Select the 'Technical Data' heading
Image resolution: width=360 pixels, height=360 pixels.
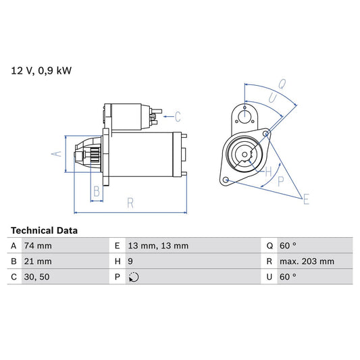(x=44, y=230)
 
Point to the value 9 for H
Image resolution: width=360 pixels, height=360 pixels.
(x=130, y=261)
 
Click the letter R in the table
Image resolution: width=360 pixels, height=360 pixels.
(x=269, y=261)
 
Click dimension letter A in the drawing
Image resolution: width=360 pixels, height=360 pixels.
(x=57, y=154)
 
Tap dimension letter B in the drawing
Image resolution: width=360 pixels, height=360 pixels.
(x=97, y=192)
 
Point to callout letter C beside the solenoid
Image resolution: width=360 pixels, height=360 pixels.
(x=178, y=115)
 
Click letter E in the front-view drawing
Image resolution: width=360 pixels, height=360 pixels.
(x=306, y=199)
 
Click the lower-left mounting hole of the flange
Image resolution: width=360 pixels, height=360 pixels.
(x=226, y=180)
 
